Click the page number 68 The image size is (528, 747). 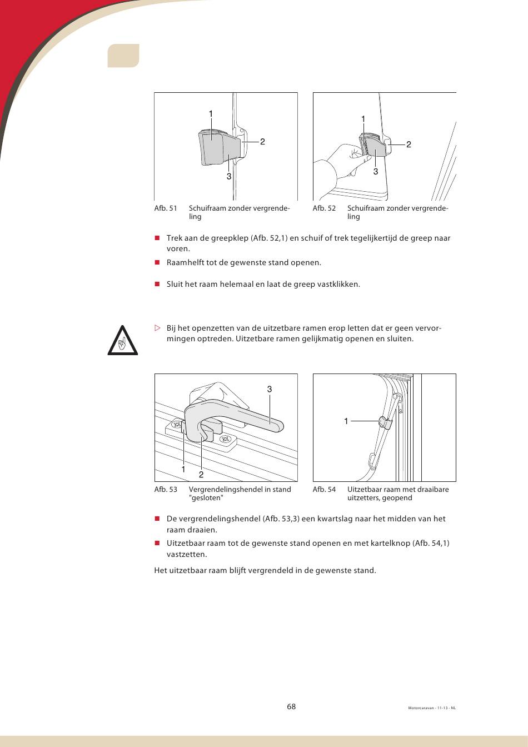pyautogui.click(x=291, y=706)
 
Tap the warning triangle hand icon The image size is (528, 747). pyautogui.click(x=123, y=340)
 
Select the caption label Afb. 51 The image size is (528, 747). pyautogui.click(x=166, y=208)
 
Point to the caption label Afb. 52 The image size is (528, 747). pyautogui.click(x=324, y=208)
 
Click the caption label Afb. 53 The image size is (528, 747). pyautogui.click(x=166, y=490)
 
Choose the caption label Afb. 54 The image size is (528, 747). pyautogui.click(x=324, y=490)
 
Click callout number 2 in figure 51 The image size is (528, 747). pyautogui.click(x=262, y=142)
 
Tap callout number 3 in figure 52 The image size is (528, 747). pyautogui.click(x=376, y=172)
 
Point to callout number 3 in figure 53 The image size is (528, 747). pyautogui.click(x=270, y=389)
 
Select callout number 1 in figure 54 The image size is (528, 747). pyautogui.click(x=346, y=421)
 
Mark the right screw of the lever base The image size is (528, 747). pyautogui.click(x=226, y=440)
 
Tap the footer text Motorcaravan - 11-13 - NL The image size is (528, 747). pyautogui.click(x=432, y=708)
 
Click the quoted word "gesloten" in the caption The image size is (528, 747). pyautogui.click(x=206, y=498)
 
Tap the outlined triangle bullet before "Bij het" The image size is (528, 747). pyautogui.click(x=157, y=328)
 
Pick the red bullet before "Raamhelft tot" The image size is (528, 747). pyautogui.click(x=157, y=262)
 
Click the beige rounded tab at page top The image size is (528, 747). pyautogui.click(x=123, y=56)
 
